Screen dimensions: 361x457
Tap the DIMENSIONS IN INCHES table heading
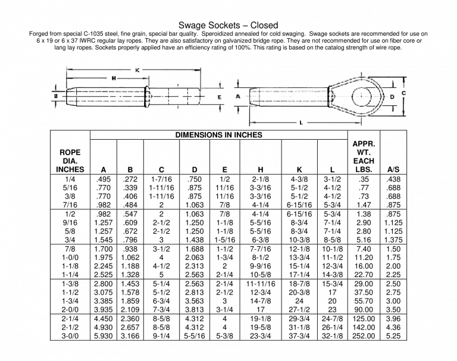point(218,135)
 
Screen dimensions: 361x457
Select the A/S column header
point(393,169)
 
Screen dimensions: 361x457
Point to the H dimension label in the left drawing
point(113,78)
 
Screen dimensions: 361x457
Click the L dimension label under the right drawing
point(301,123)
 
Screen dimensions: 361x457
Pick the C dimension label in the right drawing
point(403,93)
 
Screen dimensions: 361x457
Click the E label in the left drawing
point(219,96)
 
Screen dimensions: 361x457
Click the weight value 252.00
point(363,336)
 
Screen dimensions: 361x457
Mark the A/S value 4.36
point(393,327)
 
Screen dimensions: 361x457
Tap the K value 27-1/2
point(299,310)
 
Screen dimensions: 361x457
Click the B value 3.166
point(130,336)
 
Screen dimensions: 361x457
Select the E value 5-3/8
point(224,336)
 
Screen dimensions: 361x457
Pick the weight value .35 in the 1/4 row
point(363,179)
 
